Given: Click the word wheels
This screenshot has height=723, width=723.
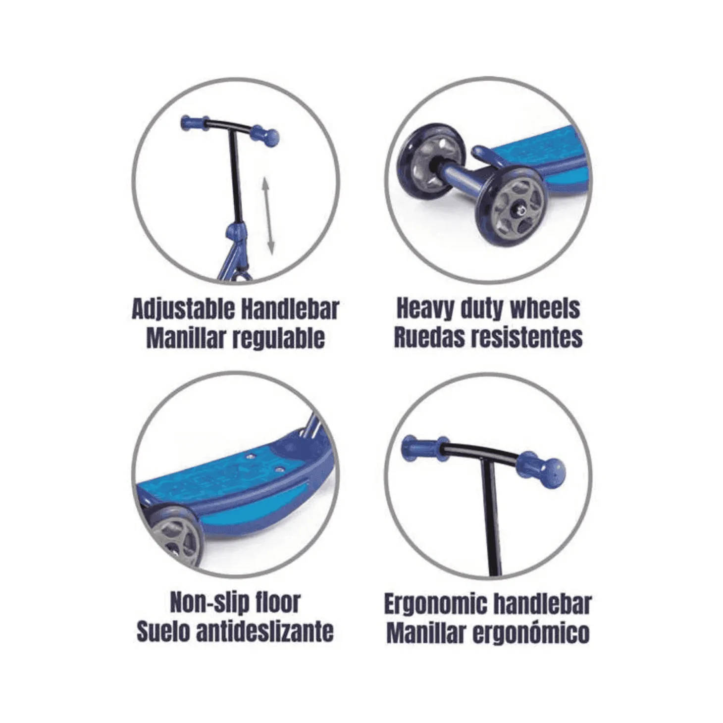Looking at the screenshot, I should tap(545, 309).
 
